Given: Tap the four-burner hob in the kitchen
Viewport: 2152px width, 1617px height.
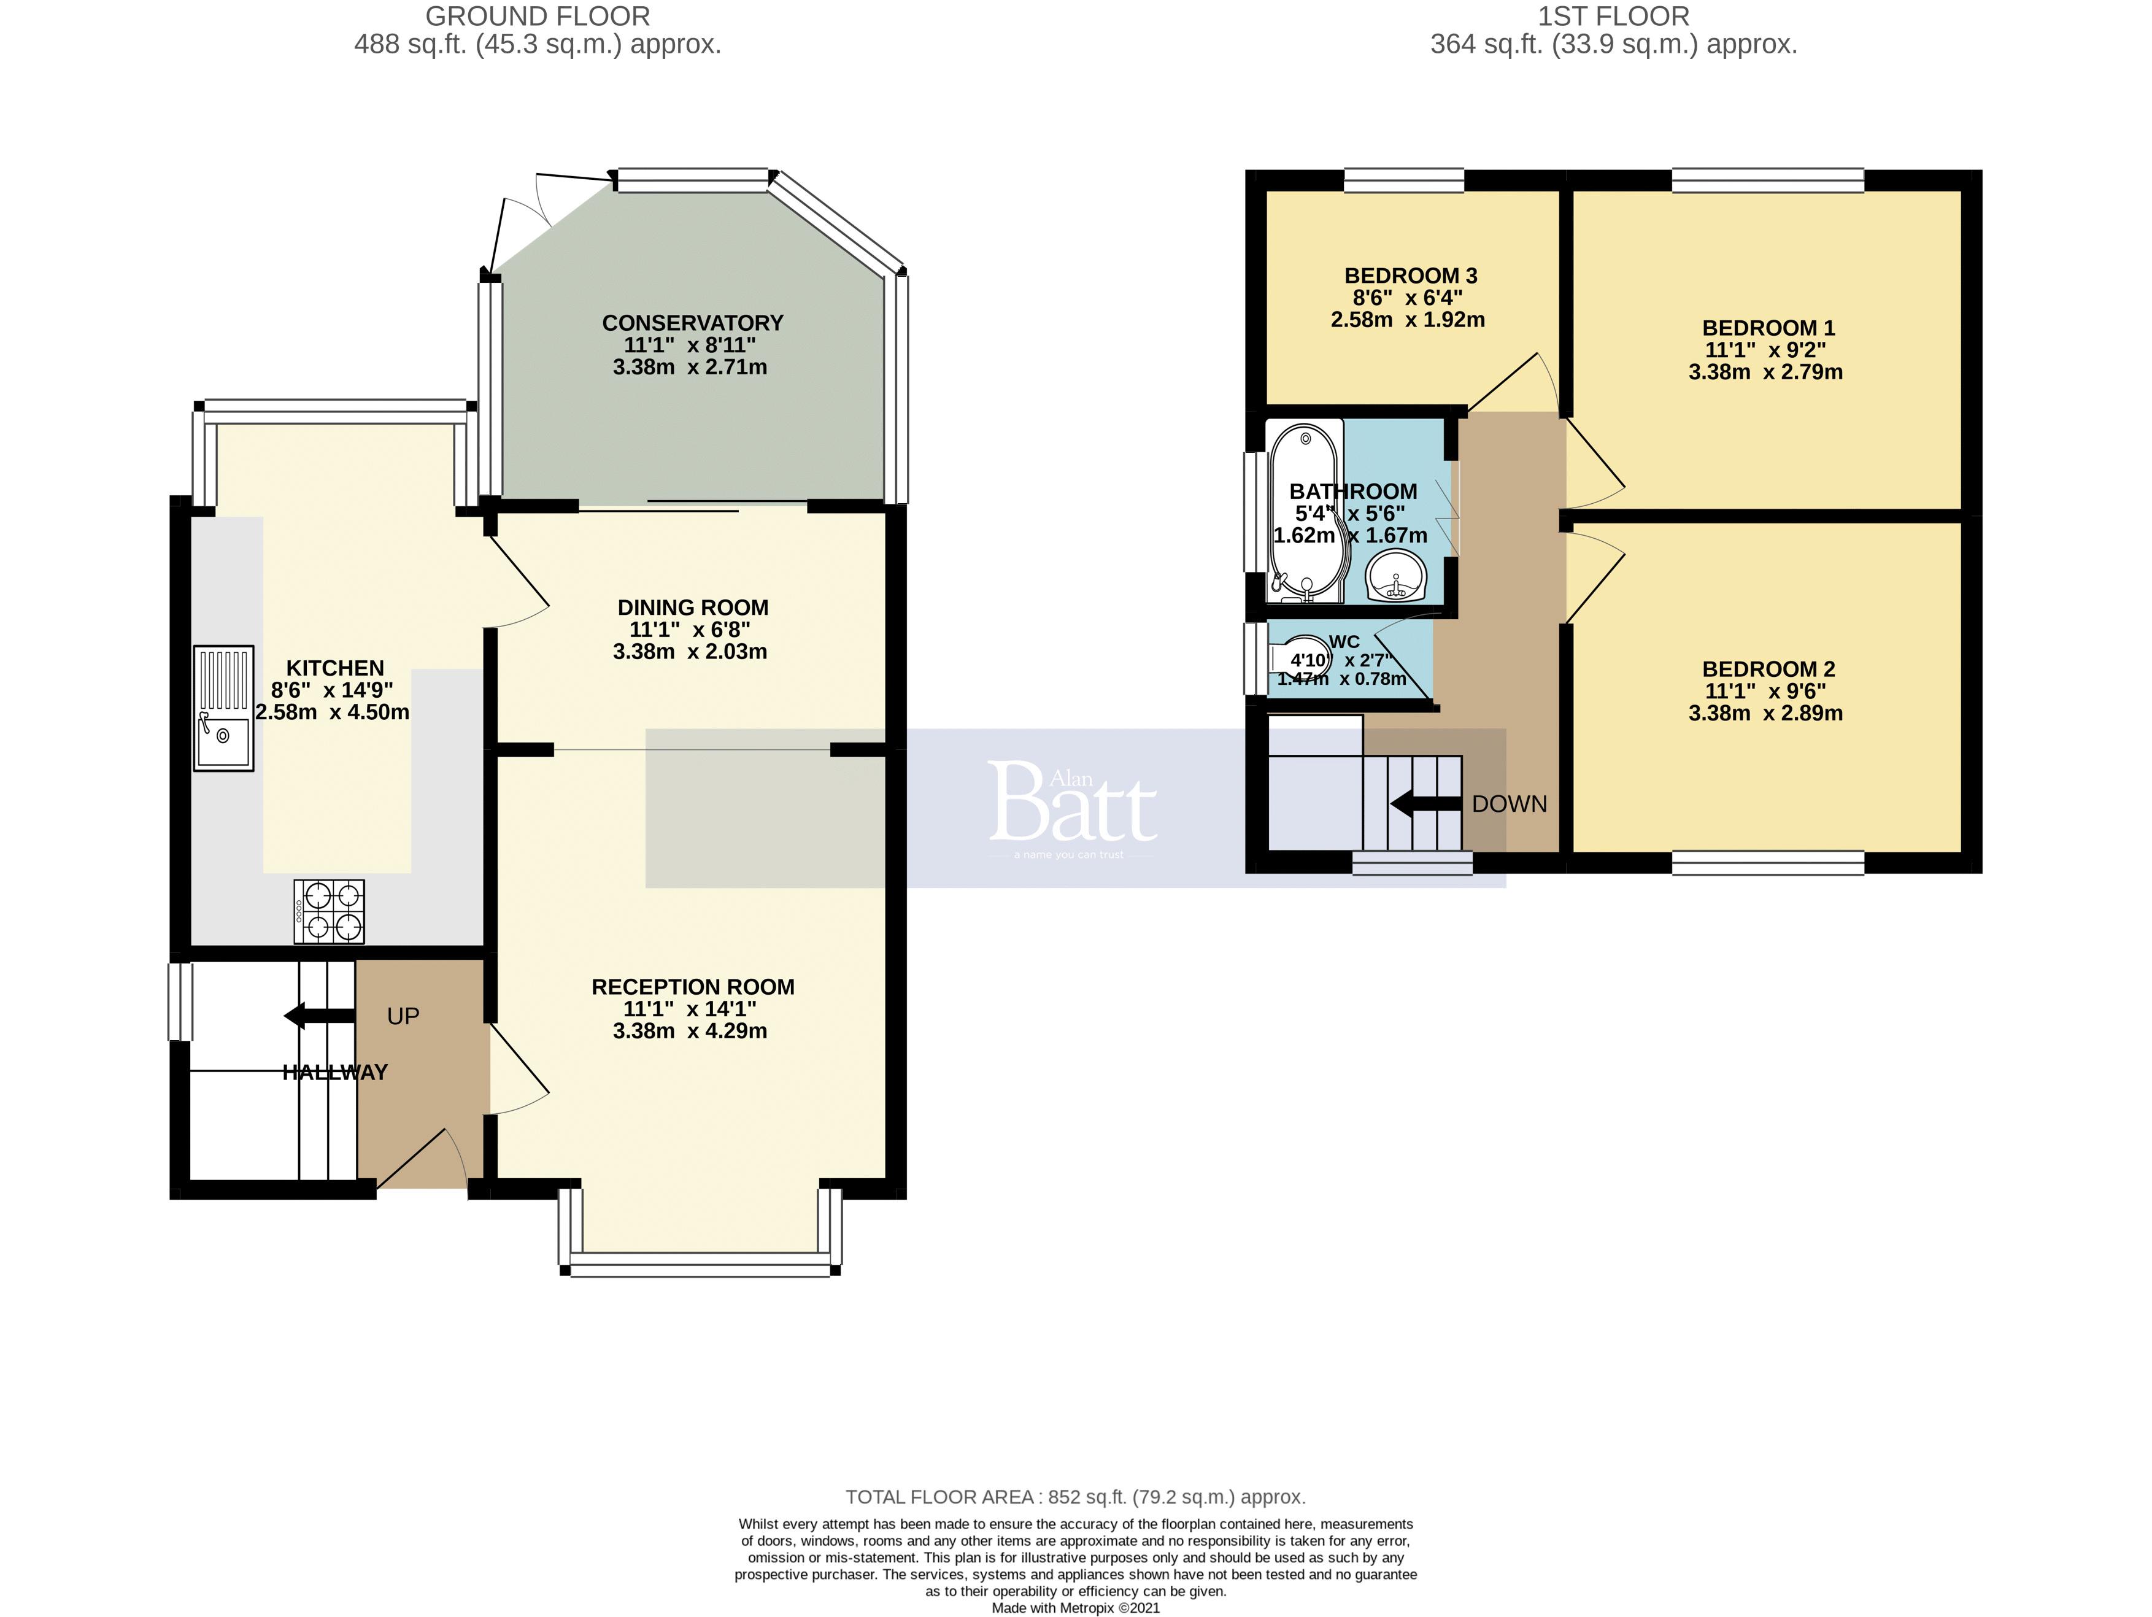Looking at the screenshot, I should [x=330, y=912].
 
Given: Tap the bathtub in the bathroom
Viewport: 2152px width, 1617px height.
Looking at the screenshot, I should [x=1306, y=511].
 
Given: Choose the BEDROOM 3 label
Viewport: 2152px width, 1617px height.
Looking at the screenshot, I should [x=1410, y=276].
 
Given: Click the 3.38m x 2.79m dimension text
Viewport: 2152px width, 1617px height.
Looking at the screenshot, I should [x=1765, y=372].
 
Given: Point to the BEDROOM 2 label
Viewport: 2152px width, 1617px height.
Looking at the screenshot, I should [x=1768, y=670].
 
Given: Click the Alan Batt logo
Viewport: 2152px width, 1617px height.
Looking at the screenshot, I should [x=1073, y=806].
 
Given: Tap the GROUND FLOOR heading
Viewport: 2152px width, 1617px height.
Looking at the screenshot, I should [x=537, y=17].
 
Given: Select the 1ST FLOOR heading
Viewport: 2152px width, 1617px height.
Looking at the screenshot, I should [x=1613, y=17].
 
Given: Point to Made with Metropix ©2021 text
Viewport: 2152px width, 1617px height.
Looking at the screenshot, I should [x=1075, y=1607].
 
